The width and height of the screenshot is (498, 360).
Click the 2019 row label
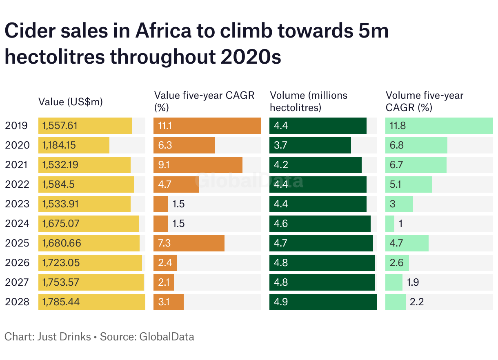16,126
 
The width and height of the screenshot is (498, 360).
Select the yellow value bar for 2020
73,145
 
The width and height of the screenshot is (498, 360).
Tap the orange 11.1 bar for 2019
207,126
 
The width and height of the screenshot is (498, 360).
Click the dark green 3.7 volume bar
310,145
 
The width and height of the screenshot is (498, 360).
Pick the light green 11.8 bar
439,126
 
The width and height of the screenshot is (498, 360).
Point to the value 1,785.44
61,302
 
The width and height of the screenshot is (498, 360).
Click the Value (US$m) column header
70,102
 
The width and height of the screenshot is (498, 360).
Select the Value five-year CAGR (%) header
204,101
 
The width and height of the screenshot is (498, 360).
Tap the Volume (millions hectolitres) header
309,101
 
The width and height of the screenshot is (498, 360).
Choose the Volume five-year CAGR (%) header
425,101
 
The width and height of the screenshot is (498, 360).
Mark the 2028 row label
17,302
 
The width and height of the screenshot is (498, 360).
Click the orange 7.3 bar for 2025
189,243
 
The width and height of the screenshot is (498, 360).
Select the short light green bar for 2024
390,224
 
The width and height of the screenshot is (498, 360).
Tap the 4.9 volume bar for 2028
323,302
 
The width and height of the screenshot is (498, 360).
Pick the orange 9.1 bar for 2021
198,165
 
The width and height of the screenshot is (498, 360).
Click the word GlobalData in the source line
167,337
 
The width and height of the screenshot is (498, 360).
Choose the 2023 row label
17,204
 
